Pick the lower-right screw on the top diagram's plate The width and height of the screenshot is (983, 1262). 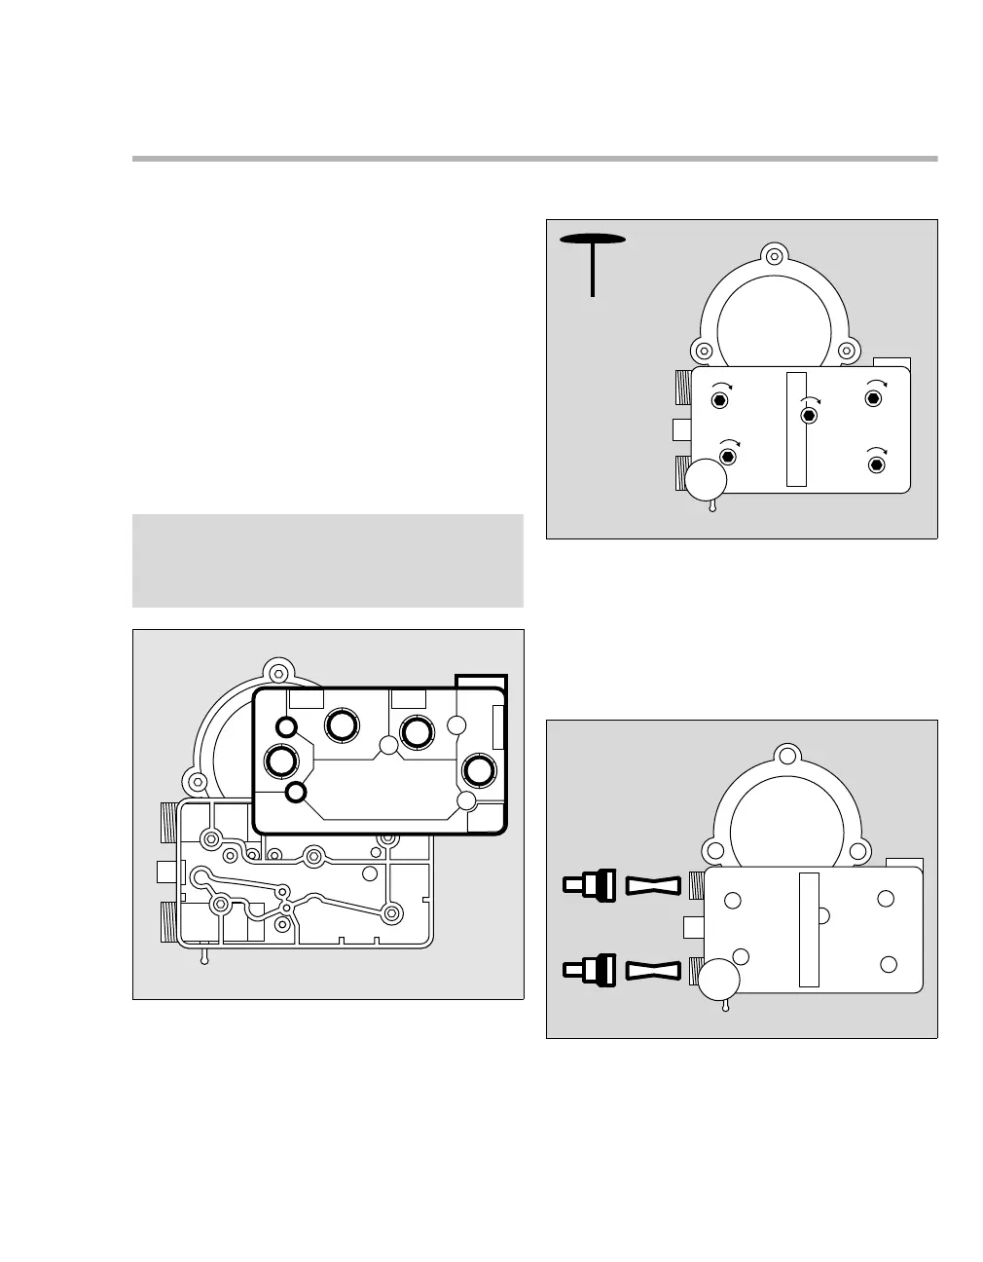pos(877,464)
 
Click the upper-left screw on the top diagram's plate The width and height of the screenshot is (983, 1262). pos(719,400)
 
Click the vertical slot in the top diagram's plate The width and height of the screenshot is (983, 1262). pos(796,428)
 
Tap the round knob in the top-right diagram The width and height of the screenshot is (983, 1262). pos(707,478)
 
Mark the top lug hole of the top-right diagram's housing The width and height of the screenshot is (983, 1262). pos(773,257)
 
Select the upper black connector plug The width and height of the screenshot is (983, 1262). pos(587,885)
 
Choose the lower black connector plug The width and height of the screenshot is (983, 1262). pos(587,969)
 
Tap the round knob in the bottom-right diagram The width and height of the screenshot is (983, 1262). pos(720,982)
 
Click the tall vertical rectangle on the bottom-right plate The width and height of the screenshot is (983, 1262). pos(809,929)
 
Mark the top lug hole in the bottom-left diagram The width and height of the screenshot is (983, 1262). pos(278,671)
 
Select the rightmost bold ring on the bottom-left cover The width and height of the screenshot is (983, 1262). pos(478,769)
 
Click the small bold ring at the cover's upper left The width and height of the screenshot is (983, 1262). pos(286,725)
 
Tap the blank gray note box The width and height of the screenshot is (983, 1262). pos(327,560)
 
